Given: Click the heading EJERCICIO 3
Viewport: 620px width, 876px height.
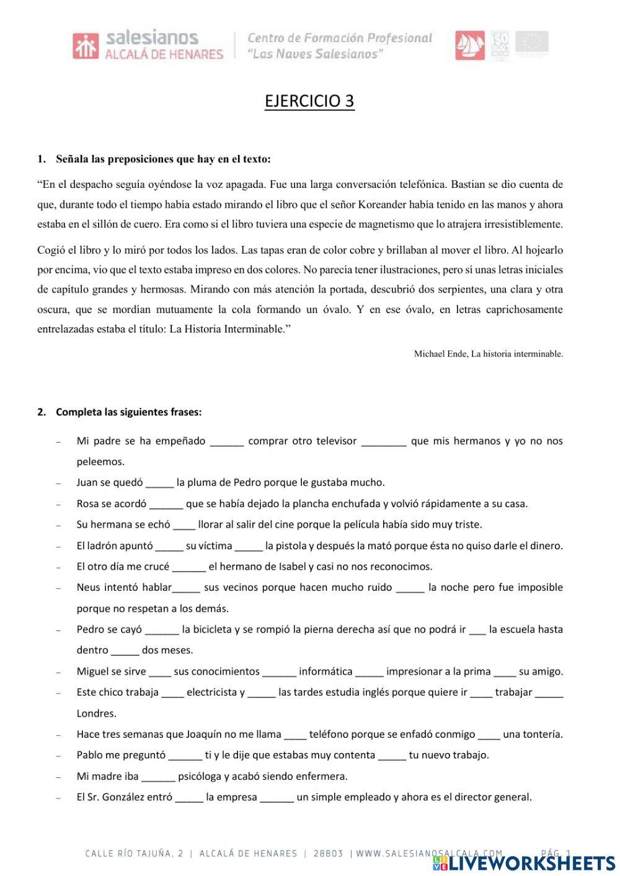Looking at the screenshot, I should (x=309, y=101).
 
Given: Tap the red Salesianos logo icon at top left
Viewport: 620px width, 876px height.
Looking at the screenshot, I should (x=85, y=46).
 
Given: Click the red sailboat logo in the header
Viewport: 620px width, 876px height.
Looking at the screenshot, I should (x=470, y=45).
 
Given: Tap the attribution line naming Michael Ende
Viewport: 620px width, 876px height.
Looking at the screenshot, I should (x=488, y=354).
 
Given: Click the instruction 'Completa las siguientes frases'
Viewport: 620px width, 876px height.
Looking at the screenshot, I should (x=128, y=412).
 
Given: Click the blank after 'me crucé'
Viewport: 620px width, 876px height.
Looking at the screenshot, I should (x=189, y=567).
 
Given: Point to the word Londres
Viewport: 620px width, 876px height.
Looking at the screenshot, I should (x=97, y=714).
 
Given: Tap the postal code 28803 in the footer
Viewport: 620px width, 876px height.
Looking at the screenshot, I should (x=328, y=854).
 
